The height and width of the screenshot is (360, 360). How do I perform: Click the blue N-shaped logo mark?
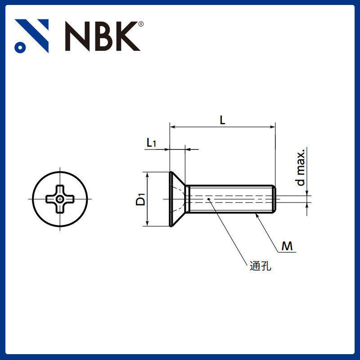31,36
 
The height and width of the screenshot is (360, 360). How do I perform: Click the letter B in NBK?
104,36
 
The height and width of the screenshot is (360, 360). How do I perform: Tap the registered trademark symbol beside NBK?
141,24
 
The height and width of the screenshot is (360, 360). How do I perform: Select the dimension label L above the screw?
222,120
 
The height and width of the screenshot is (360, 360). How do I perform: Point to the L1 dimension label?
151,143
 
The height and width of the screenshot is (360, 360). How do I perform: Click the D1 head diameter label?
140,199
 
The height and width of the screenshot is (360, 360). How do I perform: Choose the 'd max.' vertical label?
300,167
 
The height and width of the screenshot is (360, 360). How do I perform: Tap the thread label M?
287,246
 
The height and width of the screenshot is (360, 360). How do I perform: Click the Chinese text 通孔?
261,266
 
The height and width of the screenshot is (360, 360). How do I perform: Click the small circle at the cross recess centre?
60,199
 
